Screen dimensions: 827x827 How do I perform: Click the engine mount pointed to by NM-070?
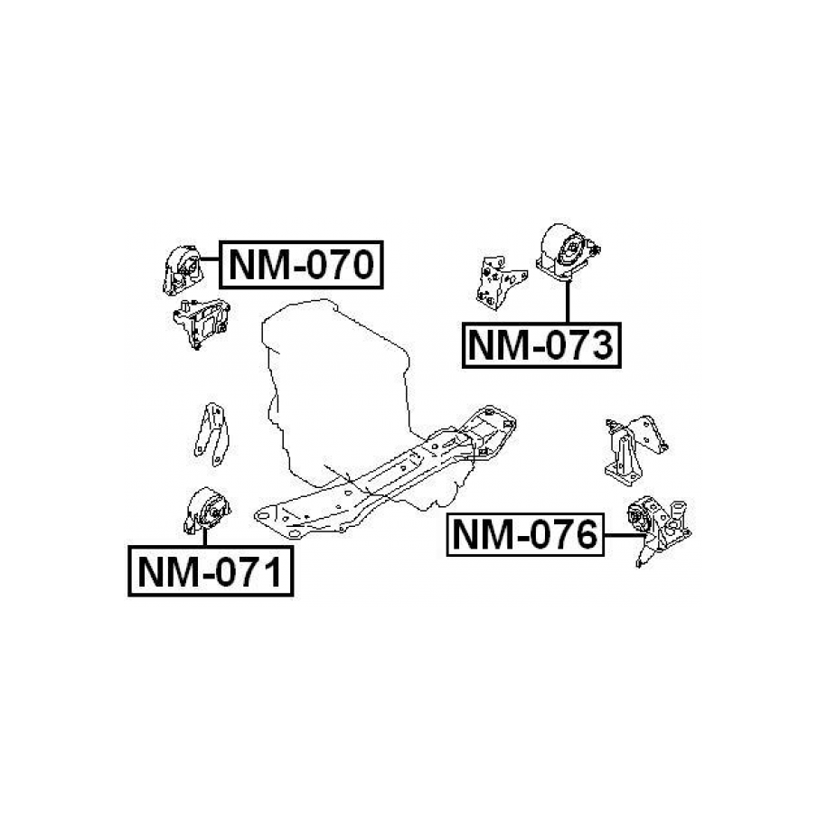click(182, 270)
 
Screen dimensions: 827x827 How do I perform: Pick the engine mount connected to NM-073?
click(567, 251)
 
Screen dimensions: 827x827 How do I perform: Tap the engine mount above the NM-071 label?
click(207, 510)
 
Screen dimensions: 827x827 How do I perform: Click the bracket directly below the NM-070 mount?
click(202, 323)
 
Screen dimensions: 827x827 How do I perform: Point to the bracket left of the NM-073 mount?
click(500, 283)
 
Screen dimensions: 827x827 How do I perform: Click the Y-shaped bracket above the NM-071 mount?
click(211, 434)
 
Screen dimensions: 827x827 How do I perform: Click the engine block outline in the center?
click(337, 390)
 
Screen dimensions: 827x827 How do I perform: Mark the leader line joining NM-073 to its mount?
click(568, 302)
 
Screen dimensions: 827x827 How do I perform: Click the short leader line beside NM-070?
click(210, 258)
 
